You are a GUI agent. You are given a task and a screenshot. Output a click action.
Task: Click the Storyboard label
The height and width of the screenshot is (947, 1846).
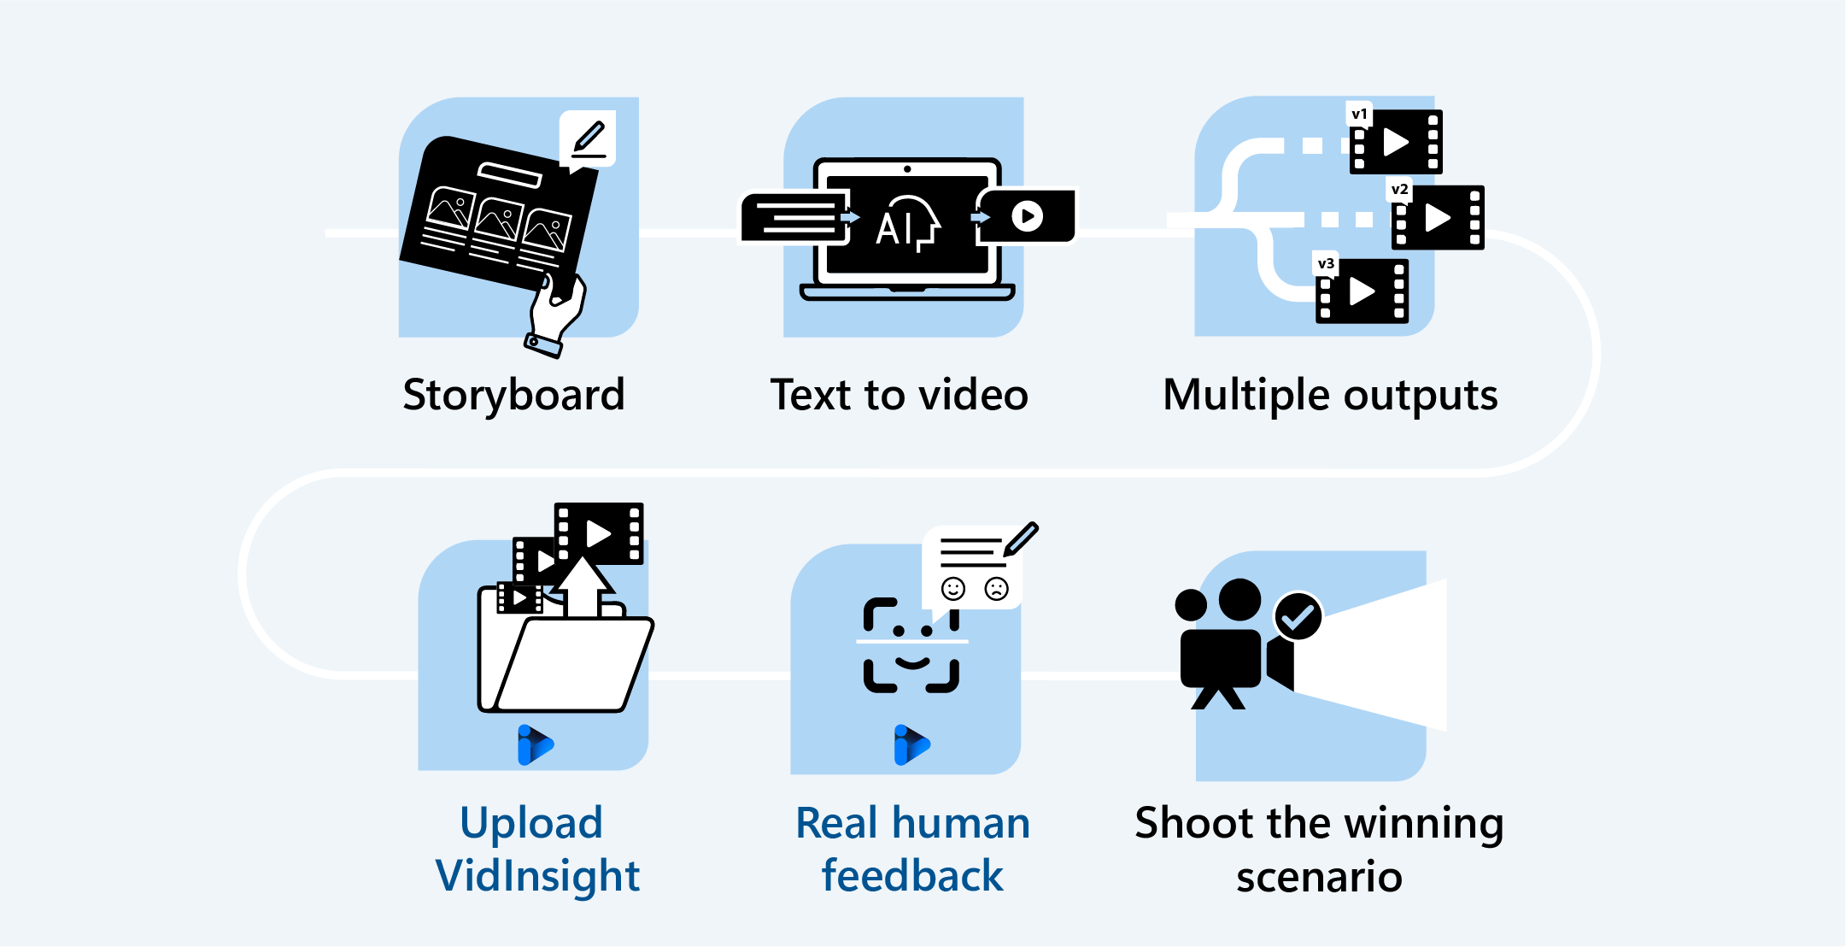pos(513,395)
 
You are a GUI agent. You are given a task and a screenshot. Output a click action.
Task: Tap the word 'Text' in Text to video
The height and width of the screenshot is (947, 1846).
pos(811,395)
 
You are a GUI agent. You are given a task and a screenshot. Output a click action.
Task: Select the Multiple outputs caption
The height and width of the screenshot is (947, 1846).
pos(1330,396)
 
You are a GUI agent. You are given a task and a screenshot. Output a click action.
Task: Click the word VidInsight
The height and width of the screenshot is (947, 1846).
pos(537,876)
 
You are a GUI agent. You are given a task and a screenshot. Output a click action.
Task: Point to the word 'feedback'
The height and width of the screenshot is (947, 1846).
pos(912,876)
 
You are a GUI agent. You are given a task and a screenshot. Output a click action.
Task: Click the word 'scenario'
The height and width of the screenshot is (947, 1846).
pos(1319,877)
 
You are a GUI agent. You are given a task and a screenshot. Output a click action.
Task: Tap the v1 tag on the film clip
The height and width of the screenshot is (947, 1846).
pos(1359,114)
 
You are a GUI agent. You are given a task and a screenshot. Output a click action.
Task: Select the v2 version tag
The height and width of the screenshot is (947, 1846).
pos(1399,189)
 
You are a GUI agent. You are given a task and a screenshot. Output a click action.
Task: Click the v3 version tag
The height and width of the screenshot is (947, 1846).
pos(1326,263)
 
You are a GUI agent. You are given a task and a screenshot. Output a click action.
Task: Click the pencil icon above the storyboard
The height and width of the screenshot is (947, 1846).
pos(589,137)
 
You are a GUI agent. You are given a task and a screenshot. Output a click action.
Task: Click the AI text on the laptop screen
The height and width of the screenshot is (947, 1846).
pos(894,228)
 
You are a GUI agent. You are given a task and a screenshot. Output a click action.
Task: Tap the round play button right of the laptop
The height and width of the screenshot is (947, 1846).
pos(1027,216)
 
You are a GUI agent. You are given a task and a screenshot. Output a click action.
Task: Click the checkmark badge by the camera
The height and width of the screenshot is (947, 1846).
pos(1298,616)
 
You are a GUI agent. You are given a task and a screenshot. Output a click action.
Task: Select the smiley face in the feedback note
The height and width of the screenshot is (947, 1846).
pos(952,588)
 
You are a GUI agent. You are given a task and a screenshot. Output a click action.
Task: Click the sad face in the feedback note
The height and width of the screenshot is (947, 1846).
pos(996,588)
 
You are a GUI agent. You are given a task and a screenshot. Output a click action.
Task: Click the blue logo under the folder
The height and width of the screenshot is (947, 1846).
pos(535,744)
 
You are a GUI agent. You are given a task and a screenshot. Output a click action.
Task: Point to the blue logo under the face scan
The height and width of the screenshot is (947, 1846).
pos(911,744)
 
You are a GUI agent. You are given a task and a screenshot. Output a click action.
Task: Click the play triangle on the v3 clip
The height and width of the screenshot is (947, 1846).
pos(1362,291)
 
